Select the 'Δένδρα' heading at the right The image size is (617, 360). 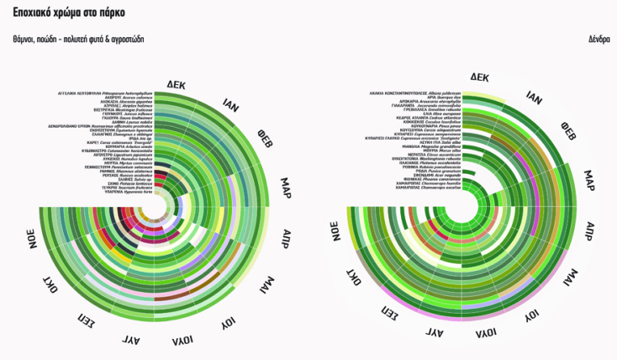pyautogui.click(x=599, y=39)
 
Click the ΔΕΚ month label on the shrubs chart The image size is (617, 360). pyautogui.click(x=177, y=85)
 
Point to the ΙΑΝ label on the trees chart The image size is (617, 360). pyautogui.click(x=534, y=98)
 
